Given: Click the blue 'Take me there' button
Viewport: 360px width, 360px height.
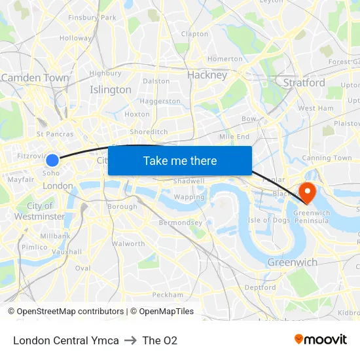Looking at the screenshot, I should tap(180, 161).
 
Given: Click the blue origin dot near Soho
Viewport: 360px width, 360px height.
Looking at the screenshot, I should tap(52, 160).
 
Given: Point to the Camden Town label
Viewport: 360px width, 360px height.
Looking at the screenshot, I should tap(35, 78).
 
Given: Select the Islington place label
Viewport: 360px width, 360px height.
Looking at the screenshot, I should tap(111, 90).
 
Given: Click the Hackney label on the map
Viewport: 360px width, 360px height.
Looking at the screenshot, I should tap(207, 75).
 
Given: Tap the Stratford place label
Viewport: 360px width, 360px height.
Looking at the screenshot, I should tap(304, 83).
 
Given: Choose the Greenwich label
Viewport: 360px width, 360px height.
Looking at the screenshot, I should tap(292, 262).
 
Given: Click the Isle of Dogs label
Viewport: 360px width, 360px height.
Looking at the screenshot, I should tap(268, 220).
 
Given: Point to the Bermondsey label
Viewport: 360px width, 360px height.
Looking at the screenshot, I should tap(181, 223).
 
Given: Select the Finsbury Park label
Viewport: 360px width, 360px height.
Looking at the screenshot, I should tap(92, 17).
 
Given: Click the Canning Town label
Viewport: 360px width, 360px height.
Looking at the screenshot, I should tap(327, 158).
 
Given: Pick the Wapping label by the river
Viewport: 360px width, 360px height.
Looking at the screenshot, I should tap(189, 197).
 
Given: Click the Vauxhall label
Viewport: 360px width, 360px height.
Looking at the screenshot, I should tap(67, 251).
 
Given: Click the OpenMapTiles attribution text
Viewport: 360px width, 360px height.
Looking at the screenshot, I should tap(166, 312).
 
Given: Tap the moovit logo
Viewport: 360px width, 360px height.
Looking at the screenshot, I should tap(320, 339).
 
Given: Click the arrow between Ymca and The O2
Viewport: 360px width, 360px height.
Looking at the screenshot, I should tap(130, 340).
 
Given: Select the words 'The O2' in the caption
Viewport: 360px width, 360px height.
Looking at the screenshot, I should tap(160, 340).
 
